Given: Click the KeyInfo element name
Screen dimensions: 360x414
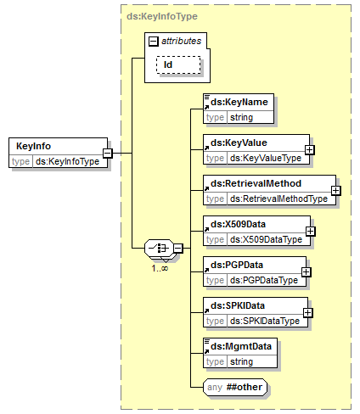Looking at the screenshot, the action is tap(33, 146).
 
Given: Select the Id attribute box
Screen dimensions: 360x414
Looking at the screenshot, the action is tap(178, 64).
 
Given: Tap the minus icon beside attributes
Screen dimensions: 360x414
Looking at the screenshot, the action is tap(154, 42).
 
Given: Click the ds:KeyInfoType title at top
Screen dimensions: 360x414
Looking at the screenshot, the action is tap(162, 16).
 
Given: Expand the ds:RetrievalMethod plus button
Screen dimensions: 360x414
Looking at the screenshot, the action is tap(335, 190).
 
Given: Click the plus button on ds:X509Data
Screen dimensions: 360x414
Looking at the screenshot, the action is tap(310, 231).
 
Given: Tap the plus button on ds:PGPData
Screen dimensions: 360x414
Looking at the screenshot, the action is tap(306, 271).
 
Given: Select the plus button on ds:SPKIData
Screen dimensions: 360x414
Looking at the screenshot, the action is tap(307, 312).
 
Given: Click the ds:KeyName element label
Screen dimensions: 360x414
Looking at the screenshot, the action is tap(239, 102).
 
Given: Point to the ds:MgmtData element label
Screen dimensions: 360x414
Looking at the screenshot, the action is tap(241, 346).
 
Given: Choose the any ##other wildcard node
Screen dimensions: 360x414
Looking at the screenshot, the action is tap(235, 387).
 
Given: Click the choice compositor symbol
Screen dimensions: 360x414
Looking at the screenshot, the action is tap(159, 248).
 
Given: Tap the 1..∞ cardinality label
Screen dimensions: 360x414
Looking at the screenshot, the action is tap(160, 268).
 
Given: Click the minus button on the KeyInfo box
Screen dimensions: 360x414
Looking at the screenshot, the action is tap(108, 153).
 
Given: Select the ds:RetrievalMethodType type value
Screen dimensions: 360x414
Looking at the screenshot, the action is tap(278, 199).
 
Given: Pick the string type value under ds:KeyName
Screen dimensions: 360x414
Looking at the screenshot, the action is tap(241, 117).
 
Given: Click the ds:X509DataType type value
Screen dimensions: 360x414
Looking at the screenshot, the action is tap(266, 239).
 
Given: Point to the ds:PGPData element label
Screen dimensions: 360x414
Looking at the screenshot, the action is tap(237, 265).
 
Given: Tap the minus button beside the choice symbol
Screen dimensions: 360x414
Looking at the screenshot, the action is tap(178, 249).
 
